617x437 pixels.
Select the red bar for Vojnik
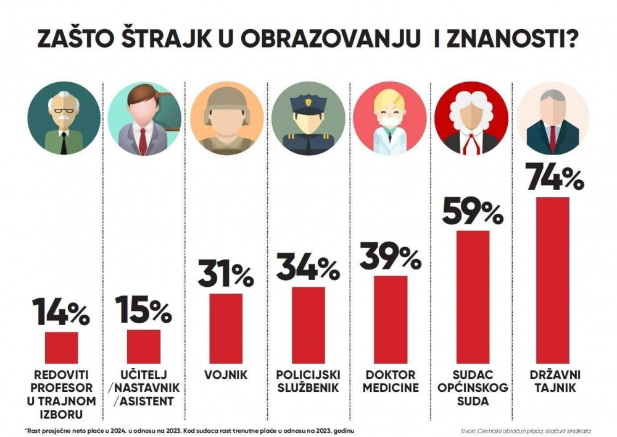point(226,328)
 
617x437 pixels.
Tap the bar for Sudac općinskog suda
point(473,297)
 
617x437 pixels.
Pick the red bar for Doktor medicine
point(391,319)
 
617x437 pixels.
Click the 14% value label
point(62,313)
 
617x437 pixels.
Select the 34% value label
point(308,268)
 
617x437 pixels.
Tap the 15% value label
point(143,310)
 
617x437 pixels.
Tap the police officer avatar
point(308,118)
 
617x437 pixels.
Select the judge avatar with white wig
point(471,118)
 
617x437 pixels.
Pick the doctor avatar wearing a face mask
point(389,118)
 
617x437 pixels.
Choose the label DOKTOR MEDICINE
point(391,381)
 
